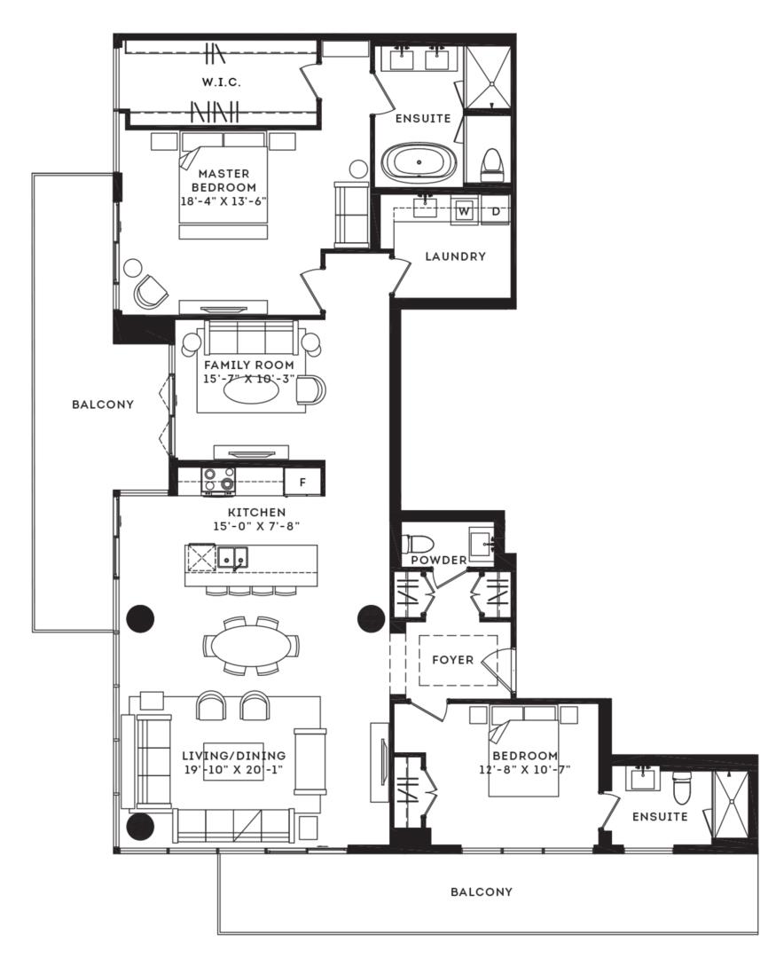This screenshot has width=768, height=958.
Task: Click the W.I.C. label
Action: click(x=221, y=82)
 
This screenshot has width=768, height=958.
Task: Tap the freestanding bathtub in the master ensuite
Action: click(x=419, y=162)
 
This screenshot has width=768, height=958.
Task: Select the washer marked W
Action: click(x=465, y=211)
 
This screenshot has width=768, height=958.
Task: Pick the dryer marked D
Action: click(x=496, y=211)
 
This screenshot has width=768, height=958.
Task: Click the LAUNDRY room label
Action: click(x=455, y=256)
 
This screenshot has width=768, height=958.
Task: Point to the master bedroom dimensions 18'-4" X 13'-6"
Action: click(x=223, y=201)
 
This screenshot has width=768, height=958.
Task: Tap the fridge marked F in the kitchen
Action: click(x=302, y=482)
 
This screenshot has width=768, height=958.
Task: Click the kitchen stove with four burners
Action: click(x=219, y=480)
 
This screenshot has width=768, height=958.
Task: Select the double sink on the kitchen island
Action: click(x=232, y=556)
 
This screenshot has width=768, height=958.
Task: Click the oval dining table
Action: click(x=252, y=646)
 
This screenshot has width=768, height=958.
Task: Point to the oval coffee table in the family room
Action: click(x=251, y=393)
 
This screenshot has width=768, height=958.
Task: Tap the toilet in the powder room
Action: click(x=417, y=543)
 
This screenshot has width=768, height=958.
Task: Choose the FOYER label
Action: click(x=452, y=660)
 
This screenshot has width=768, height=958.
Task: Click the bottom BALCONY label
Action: click(x=482, y=892)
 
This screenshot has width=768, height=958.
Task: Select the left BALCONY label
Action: click(x=103, y=404)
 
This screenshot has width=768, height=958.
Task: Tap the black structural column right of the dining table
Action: click(x=371, y=618)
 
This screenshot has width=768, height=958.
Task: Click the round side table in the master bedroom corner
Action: click(x=132, y=268)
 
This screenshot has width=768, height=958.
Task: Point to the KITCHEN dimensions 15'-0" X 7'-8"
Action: click(x=256, y=526)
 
